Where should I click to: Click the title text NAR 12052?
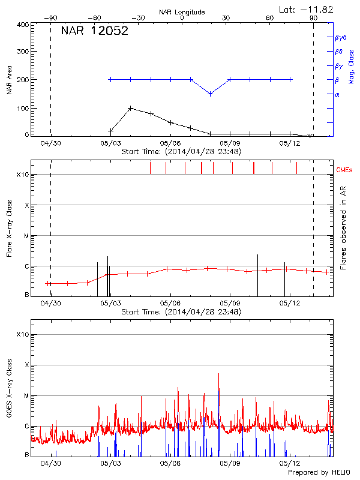95,31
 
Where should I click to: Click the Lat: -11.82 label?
307,9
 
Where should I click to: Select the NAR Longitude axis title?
182,12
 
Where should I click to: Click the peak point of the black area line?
130,109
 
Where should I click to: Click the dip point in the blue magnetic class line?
210,94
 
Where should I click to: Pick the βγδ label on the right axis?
339,37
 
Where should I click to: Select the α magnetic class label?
337,94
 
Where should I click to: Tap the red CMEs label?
345,170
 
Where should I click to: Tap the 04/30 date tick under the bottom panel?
50,463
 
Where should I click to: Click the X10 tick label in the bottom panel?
23,334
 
